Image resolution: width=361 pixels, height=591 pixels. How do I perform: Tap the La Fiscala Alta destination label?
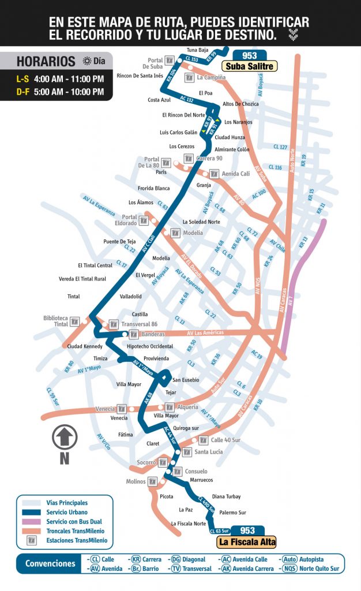(x=246, y=542)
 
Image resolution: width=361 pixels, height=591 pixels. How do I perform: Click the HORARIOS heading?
(x=46, y=61)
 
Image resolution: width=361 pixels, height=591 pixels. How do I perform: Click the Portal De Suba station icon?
(x=170, y=60)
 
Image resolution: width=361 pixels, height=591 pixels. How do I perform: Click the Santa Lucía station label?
(x=208, y=452)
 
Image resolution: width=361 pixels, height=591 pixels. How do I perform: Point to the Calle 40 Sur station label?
(x=225, y=440)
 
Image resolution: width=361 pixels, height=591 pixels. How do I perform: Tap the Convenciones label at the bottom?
(x=50, y=564)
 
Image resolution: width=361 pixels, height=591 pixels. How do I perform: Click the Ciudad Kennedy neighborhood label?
(x=85, y=346)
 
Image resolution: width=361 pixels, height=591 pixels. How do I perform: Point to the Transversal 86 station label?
(x=139, y=324)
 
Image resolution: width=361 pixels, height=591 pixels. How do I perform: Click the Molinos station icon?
(x=152, y=481)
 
